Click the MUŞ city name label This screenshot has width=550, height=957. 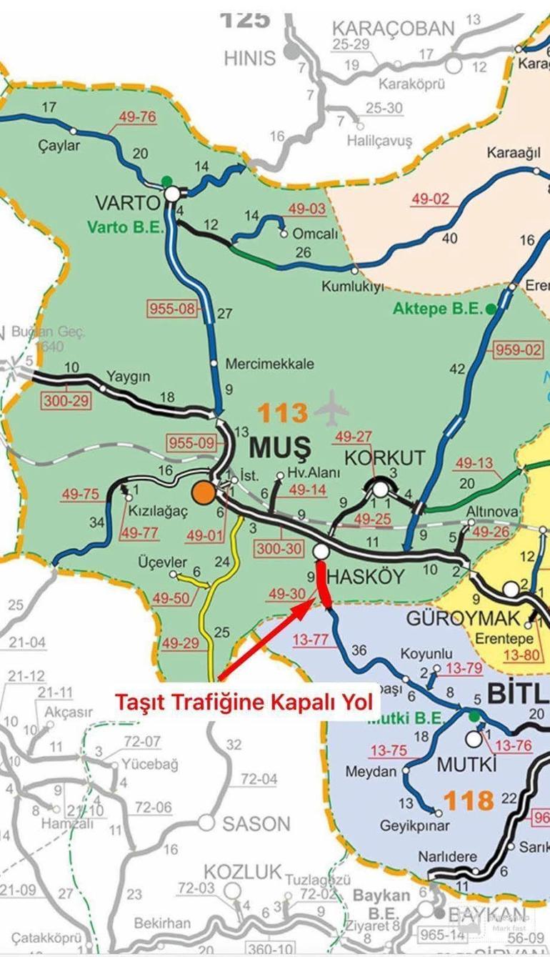280,448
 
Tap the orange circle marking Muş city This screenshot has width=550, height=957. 204,492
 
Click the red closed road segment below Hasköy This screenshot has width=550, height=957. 323,587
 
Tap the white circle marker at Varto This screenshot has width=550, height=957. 171,194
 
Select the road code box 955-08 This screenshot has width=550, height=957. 171,309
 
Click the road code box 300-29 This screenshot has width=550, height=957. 66,400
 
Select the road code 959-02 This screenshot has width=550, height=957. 518,350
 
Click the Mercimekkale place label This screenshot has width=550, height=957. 269,364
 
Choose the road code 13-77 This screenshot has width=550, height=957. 314,638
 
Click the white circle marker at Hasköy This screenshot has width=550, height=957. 320,551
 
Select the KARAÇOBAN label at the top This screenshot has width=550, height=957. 393,29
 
